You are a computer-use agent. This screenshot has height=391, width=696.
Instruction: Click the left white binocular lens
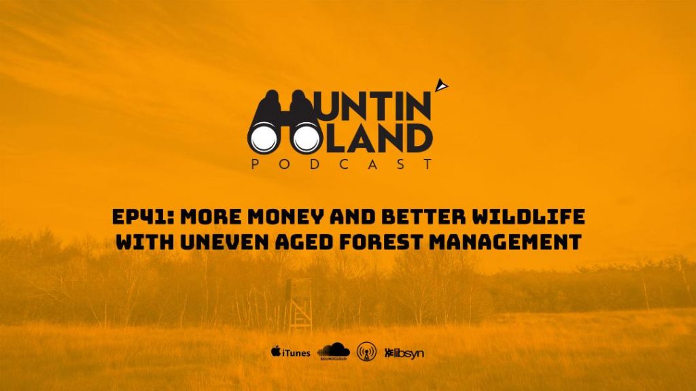(x=264, y=138)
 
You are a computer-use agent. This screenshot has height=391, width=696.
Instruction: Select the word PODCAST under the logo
(x=342, y=164)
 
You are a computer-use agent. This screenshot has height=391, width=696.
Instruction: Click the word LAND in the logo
(x=375, y=138)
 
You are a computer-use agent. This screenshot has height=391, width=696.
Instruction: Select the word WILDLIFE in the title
(x=529, y=217)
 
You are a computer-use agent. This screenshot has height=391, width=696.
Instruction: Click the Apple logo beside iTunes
(x=276, y=352)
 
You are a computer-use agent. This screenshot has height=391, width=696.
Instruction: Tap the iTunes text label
(x=296, y=353)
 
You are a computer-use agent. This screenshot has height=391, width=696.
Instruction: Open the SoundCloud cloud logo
(x=333, y=351)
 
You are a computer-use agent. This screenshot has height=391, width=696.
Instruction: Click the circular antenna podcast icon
(x=366, y=352)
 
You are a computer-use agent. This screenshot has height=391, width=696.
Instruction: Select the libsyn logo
(x=404, y=353)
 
